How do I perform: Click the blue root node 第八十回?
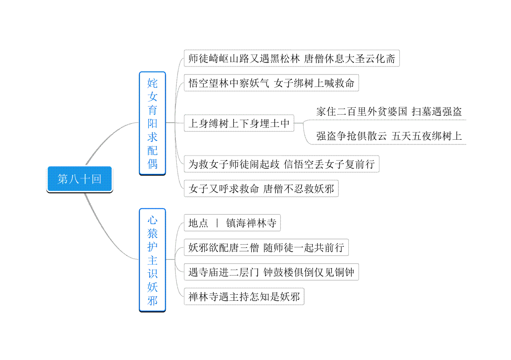[80, 179]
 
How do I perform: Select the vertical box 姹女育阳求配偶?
[152, 123]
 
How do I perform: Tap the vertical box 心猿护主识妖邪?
[152, 260]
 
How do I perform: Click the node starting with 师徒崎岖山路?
[292, 58]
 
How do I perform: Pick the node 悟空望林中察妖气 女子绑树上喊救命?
[272, 83]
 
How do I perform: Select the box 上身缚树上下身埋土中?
[239, 123]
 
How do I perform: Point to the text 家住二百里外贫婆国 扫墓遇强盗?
[389, 112]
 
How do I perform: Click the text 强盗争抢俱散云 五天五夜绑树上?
[389, 136]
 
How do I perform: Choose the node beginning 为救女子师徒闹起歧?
[282, 164]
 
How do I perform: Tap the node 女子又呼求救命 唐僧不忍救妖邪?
[261, 189]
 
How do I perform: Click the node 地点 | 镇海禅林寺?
[232, 223]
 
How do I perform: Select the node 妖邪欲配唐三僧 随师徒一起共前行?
[266, 248]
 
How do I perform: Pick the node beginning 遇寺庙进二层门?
[272, 272]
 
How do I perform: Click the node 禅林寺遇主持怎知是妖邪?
[244, 297]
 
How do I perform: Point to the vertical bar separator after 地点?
[217, 223]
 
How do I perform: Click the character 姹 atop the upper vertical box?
[152, 83]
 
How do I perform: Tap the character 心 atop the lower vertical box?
[152, 220]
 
